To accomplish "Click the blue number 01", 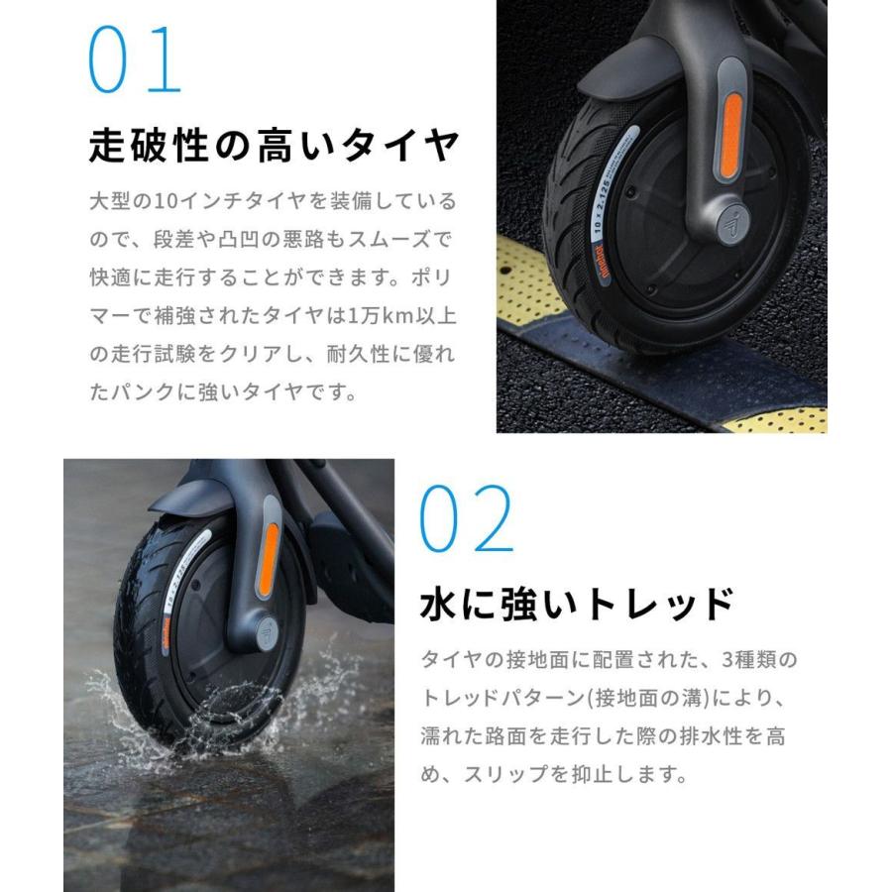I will pos(136,60).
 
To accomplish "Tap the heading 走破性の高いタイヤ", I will pos(274,147).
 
